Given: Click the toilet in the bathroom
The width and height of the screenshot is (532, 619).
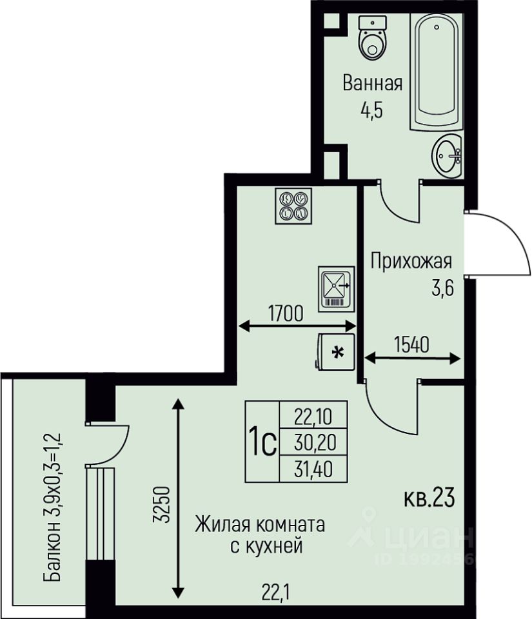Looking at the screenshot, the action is point(372,38).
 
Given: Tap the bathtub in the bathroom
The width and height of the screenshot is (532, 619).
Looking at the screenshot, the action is point(436,72).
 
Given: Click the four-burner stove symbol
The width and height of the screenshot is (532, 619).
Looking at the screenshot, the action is point(293,206).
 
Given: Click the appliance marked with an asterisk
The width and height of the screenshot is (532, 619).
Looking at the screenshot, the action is point(335,351).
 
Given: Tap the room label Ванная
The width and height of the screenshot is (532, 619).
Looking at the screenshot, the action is point(372,84).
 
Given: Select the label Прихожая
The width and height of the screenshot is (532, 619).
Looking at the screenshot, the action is point(411,262).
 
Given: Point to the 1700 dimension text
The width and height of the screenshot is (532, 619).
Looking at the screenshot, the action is point(285,313).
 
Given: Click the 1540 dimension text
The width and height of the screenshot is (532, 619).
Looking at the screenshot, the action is point(411,344).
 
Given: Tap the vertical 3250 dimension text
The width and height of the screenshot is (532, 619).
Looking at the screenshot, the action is point(162,505).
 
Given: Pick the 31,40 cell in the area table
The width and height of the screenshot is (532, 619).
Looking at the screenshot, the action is point(313,469).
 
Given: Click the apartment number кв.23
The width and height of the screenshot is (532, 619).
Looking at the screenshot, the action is point(429,498).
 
